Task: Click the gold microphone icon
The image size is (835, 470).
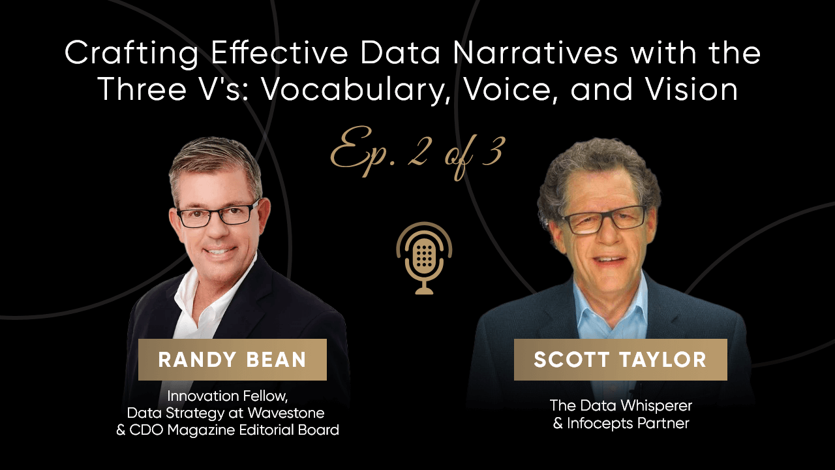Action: tap(424, 258)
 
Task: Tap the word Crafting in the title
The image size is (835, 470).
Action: tap(131, 54)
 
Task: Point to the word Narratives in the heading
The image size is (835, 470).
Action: tap(536, 53)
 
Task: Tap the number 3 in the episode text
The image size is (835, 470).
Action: tap(494, 151)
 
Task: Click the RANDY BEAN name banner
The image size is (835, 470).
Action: tap(232, 360)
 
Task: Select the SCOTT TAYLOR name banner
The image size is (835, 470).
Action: tap(620, 360)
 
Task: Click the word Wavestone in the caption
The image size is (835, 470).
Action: tap(286, 413)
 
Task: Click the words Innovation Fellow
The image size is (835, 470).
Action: tap(228, 396)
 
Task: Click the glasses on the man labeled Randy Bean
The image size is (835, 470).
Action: tap(219, 215)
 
